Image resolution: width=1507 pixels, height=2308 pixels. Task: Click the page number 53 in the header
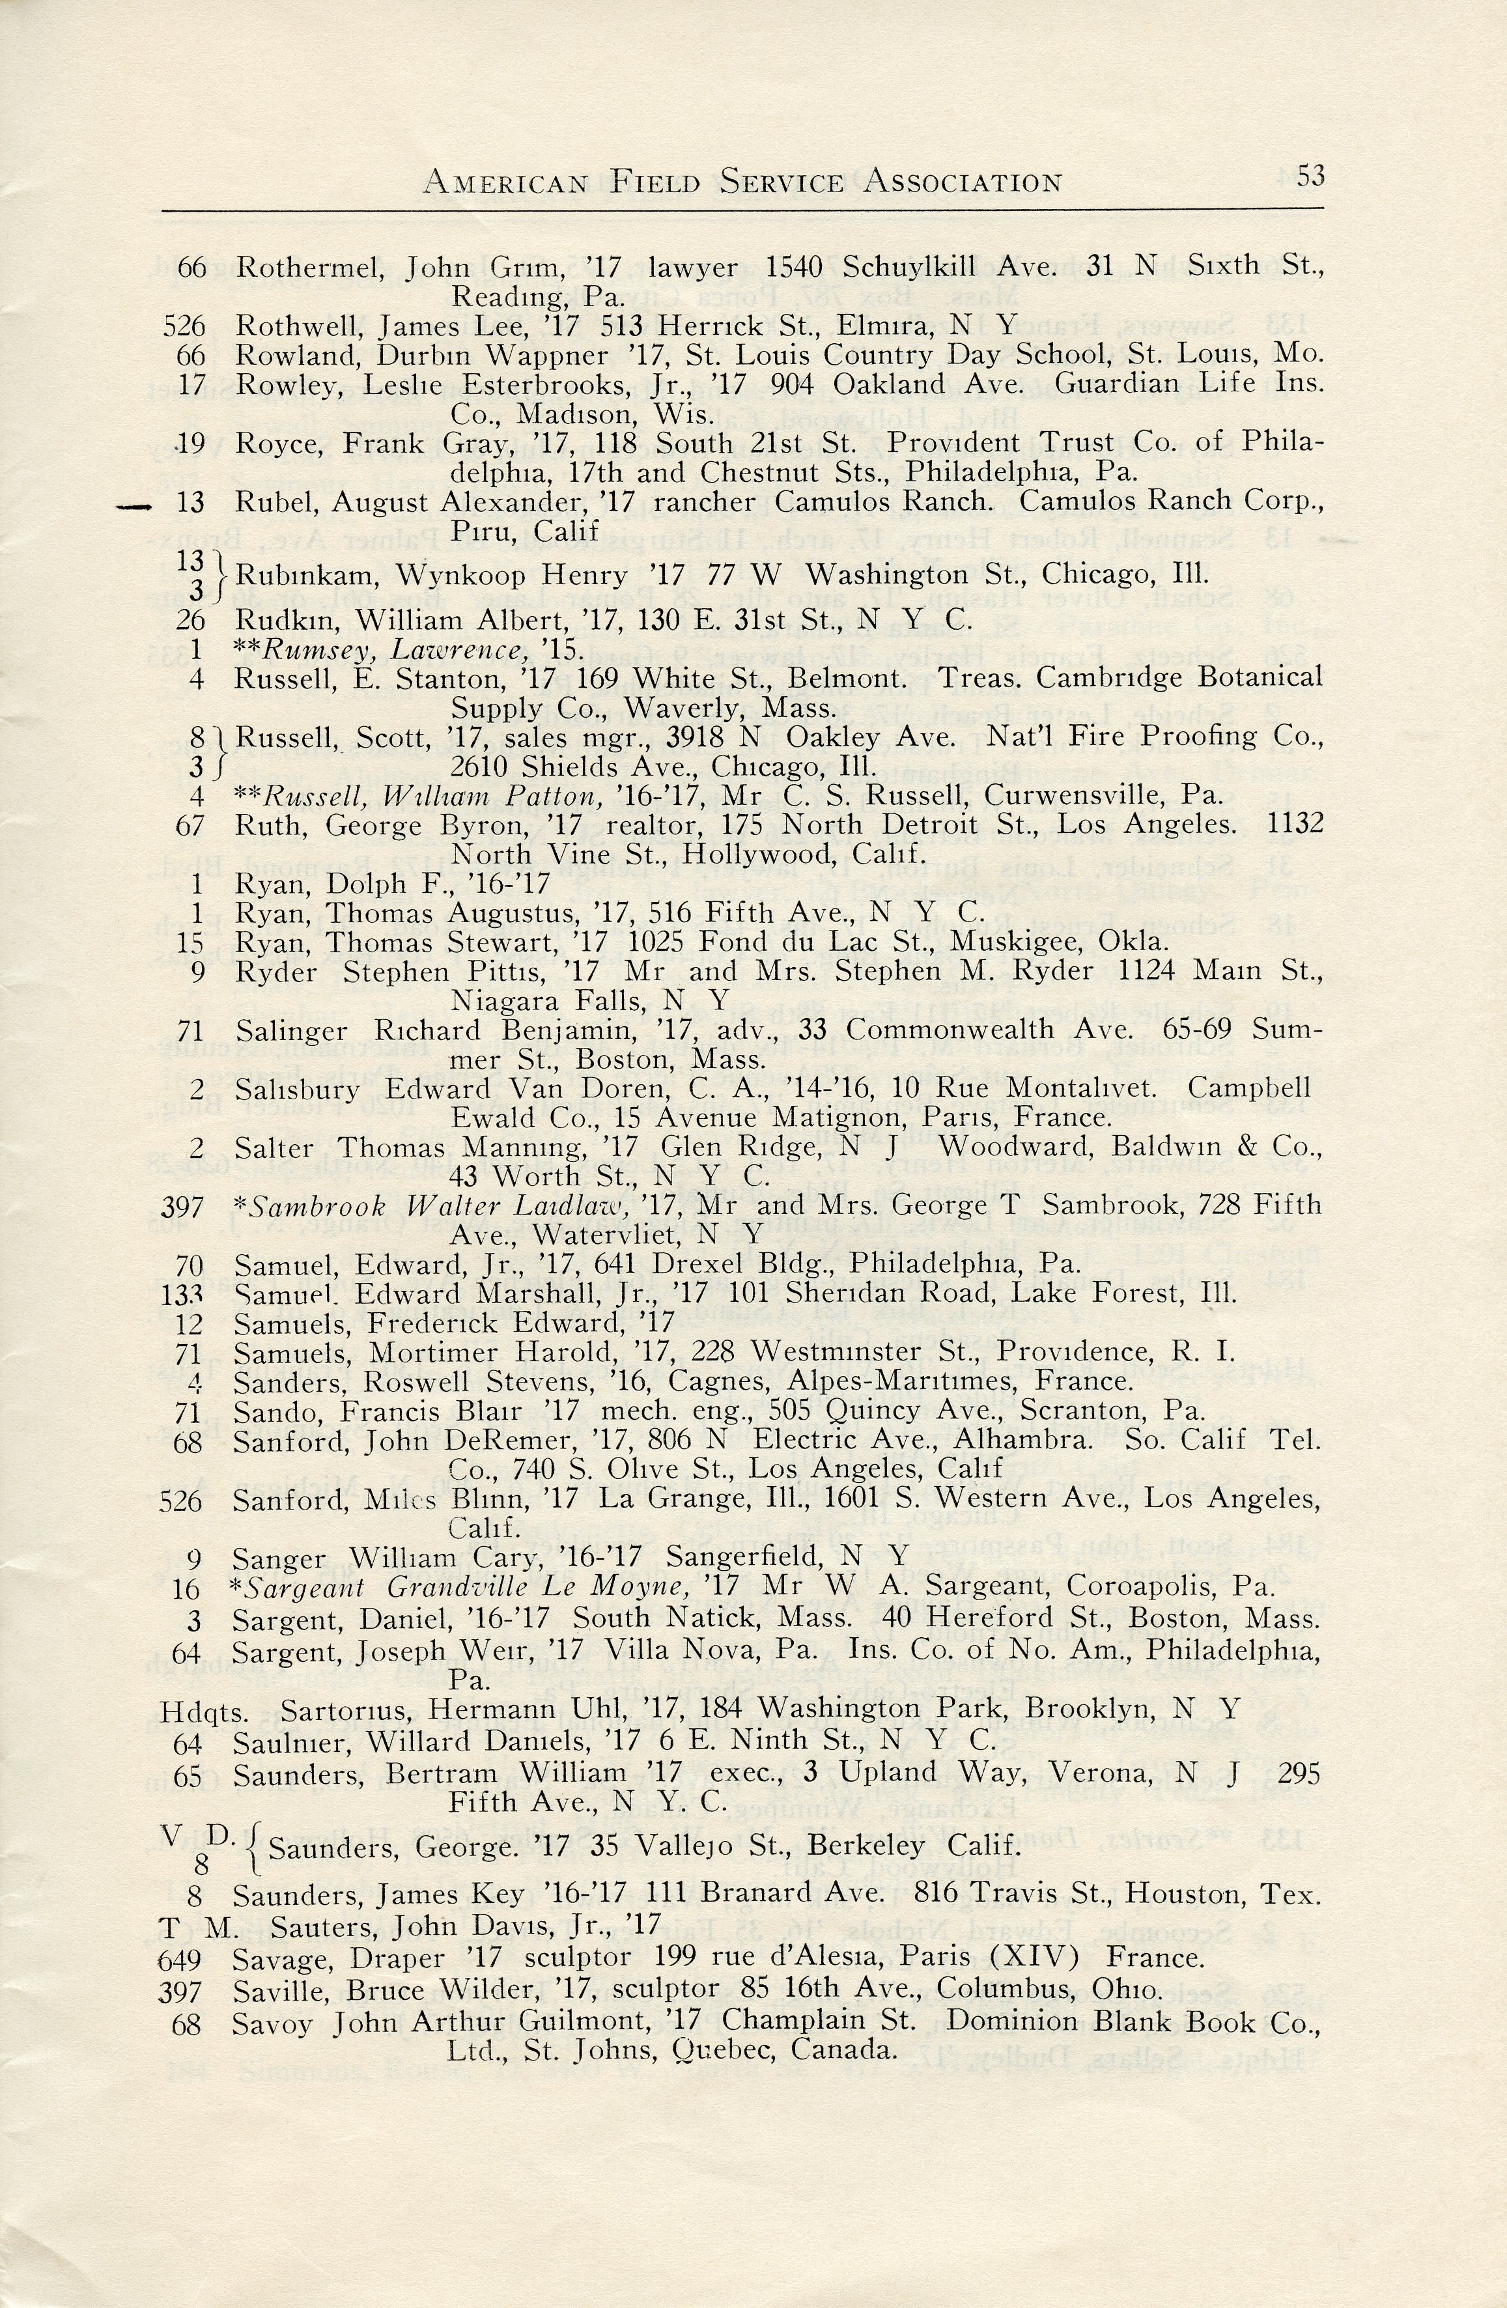tap(1310, 176)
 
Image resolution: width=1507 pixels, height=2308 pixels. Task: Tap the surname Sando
tap(270, 1412)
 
